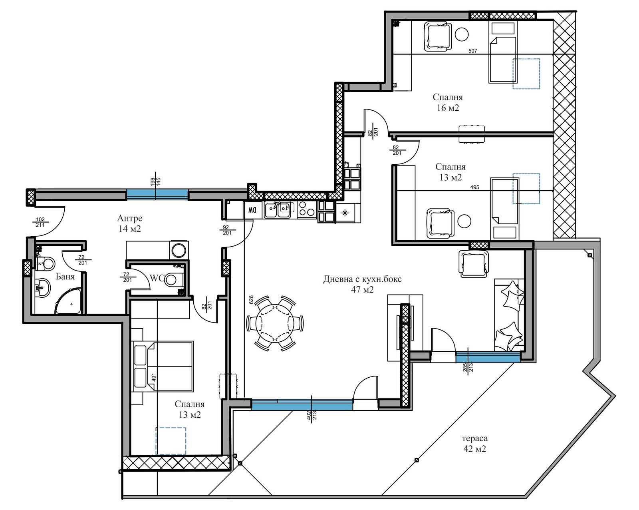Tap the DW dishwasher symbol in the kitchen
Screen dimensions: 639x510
[252, 210]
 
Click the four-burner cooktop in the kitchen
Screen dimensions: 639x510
[307, 210]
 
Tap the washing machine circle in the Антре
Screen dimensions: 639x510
[179, 251]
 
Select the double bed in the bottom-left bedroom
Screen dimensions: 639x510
[163, 366]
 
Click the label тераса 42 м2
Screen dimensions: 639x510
[475, 443]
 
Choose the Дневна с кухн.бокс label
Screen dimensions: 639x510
[362, 279]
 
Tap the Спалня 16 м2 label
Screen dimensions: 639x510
[448, 102]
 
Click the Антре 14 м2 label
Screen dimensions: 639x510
[130, 223]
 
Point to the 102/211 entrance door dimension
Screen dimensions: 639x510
[40, 222]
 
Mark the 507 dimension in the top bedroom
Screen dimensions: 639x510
[473, 51]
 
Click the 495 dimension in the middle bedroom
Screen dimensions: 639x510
[475, 187]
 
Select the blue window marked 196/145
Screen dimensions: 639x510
[157, 194]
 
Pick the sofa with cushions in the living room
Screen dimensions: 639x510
[509, 315]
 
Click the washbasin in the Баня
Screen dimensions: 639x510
[42, 287]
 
